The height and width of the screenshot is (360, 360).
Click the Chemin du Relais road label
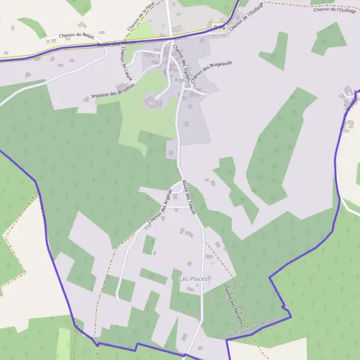(73, 36)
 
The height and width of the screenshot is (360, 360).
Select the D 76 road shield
(219, 27)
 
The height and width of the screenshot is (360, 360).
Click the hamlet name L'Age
(178, 80)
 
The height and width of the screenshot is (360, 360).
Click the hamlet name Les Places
(193, 279)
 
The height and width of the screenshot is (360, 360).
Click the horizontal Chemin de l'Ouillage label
(334, 10)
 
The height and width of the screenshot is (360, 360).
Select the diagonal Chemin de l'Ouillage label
(246, 16)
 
